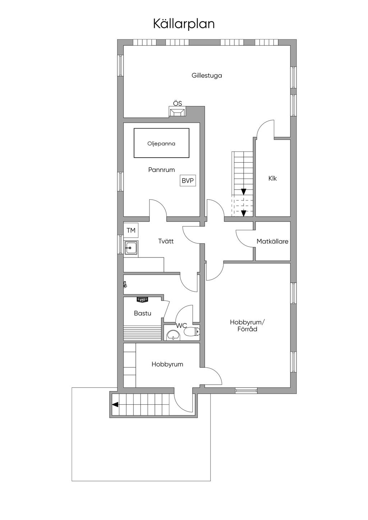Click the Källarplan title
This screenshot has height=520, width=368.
184,24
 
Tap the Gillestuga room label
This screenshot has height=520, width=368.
207,75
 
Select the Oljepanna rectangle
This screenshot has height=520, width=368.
161,143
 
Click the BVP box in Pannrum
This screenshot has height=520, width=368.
188,180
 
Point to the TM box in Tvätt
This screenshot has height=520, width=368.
131,230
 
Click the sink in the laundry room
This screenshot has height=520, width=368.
131,248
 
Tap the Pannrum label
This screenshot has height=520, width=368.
161,170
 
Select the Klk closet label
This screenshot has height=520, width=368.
272,178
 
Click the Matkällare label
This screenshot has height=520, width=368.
272,241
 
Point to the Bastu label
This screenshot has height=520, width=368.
143,313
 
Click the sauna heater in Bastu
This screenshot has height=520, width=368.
142,300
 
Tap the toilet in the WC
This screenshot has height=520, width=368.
192,332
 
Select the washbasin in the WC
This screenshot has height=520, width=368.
173,335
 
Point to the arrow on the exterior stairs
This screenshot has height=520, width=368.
115,405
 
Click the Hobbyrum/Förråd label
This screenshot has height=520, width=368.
247,326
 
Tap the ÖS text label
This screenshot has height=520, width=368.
178,103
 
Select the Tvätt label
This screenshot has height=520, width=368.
166,241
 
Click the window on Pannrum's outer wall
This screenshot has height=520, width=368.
120,182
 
